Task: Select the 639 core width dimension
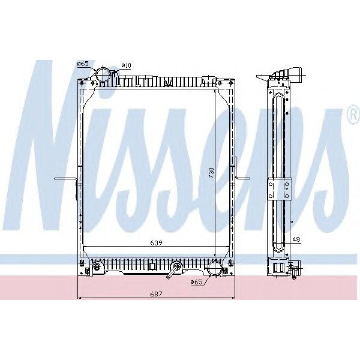(156, 242)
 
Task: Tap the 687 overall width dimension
(156, 293)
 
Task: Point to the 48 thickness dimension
(296, 239)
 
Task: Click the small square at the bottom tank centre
(153, 265)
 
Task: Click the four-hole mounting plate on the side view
(279, 189)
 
